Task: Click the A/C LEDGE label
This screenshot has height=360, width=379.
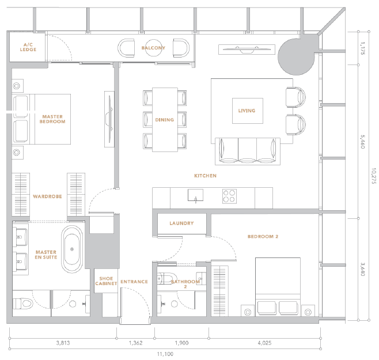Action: point(28,47)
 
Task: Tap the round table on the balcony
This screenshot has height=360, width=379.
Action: point(153,48)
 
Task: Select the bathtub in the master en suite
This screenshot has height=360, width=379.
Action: point(72,249)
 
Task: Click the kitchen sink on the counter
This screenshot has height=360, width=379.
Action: point(195,195)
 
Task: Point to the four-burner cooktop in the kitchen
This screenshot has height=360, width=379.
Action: point(230,196)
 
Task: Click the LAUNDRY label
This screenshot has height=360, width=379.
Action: point(181,223)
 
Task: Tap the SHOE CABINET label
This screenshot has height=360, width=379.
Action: point(106,281)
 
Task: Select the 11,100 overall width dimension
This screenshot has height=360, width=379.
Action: point(165,354)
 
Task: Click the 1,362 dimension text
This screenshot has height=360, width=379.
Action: point(135,343)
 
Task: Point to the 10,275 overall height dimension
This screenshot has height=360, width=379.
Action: point(374,176)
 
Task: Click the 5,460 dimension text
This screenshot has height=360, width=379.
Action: point(362,142)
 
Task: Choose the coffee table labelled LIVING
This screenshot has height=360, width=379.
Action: point(248,111)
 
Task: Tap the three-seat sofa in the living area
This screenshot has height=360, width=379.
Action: point(248,151)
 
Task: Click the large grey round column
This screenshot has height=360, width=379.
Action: point(296,56)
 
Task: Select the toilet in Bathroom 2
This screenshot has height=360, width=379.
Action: point(167,279)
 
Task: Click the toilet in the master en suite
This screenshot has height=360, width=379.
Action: point(22,304)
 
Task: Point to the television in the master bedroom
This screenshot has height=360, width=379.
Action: point(109,119)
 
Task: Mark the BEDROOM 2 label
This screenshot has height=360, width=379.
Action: point(263,237)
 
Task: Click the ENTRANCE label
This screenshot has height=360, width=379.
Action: point(134,282)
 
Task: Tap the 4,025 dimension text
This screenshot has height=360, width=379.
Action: point(264,343)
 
